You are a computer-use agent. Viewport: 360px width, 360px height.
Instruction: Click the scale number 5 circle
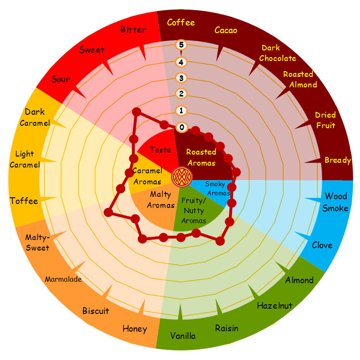click(181, 45)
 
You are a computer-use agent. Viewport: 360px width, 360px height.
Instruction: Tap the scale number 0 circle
click(181, 127)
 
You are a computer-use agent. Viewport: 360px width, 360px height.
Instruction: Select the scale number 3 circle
click(181, 78)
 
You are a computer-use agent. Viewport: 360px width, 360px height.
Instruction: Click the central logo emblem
click(182, 177)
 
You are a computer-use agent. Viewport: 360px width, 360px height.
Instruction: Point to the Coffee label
click(181, 23)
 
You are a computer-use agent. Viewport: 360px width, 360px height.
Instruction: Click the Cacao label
click(226, 30)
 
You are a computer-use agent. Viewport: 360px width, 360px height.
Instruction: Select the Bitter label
click(133, 29)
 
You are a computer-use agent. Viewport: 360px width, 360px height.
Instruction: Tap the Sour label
click(60, 79)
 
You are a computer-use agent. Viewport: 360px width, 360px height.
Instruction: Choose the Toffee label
click(24, 201)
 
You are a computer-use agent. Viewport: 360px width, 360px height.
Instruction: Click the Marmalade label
click(63, 279)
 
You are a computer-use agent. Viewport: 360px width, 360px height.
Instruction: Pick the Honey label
click(135, 329)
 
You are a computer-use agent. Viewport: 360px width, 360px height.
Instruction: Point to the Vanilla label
click(183, 336)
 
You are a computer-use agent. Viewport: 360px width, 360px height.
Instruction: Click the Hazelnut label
click(275, 306)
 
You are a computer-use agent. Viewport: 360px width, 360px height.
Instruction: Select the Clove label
click(322, 245)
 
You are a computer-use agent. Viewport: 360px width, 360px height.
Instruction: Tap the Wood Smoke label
click(336, 202)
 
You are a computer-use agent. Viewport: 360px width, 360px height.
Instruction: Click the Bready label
click(338, 160)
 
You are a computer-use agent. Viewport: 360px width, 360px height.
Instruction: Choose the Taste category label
click(160, 150)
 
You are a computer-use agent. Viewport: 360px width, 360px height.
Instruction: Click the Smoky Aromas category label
click(217, 189)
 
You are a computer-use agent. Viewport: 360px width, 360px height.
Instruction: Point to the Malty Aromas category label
click(161, 200)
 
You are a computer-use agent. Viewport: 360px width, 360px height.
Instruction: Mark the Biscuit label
click(96, 311)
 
